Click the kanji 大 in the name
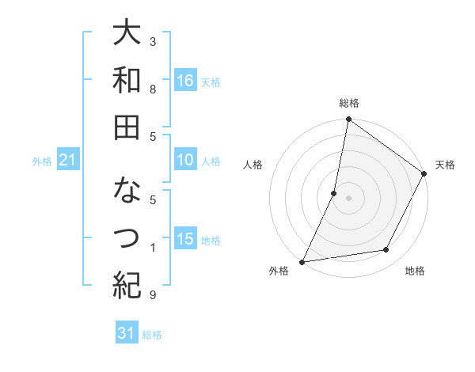[x=127, y=34]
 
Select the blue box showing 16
[x=184, y=80]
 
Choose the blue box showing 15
[x=184, y=239]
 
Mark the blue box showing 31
[x=127, y=333]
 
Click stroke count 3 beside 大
[x=153, y=41]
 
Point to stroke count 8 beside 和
[x=153, y=89]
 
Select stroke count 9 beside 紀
[x=153, y=295]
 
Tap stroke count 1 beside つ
[x=153, y=248]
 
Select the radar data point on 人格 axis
[x=334, y=193]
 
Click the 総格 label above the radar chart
[x=348, y=103]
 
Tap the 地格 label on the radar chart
[x=415, y=271]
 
